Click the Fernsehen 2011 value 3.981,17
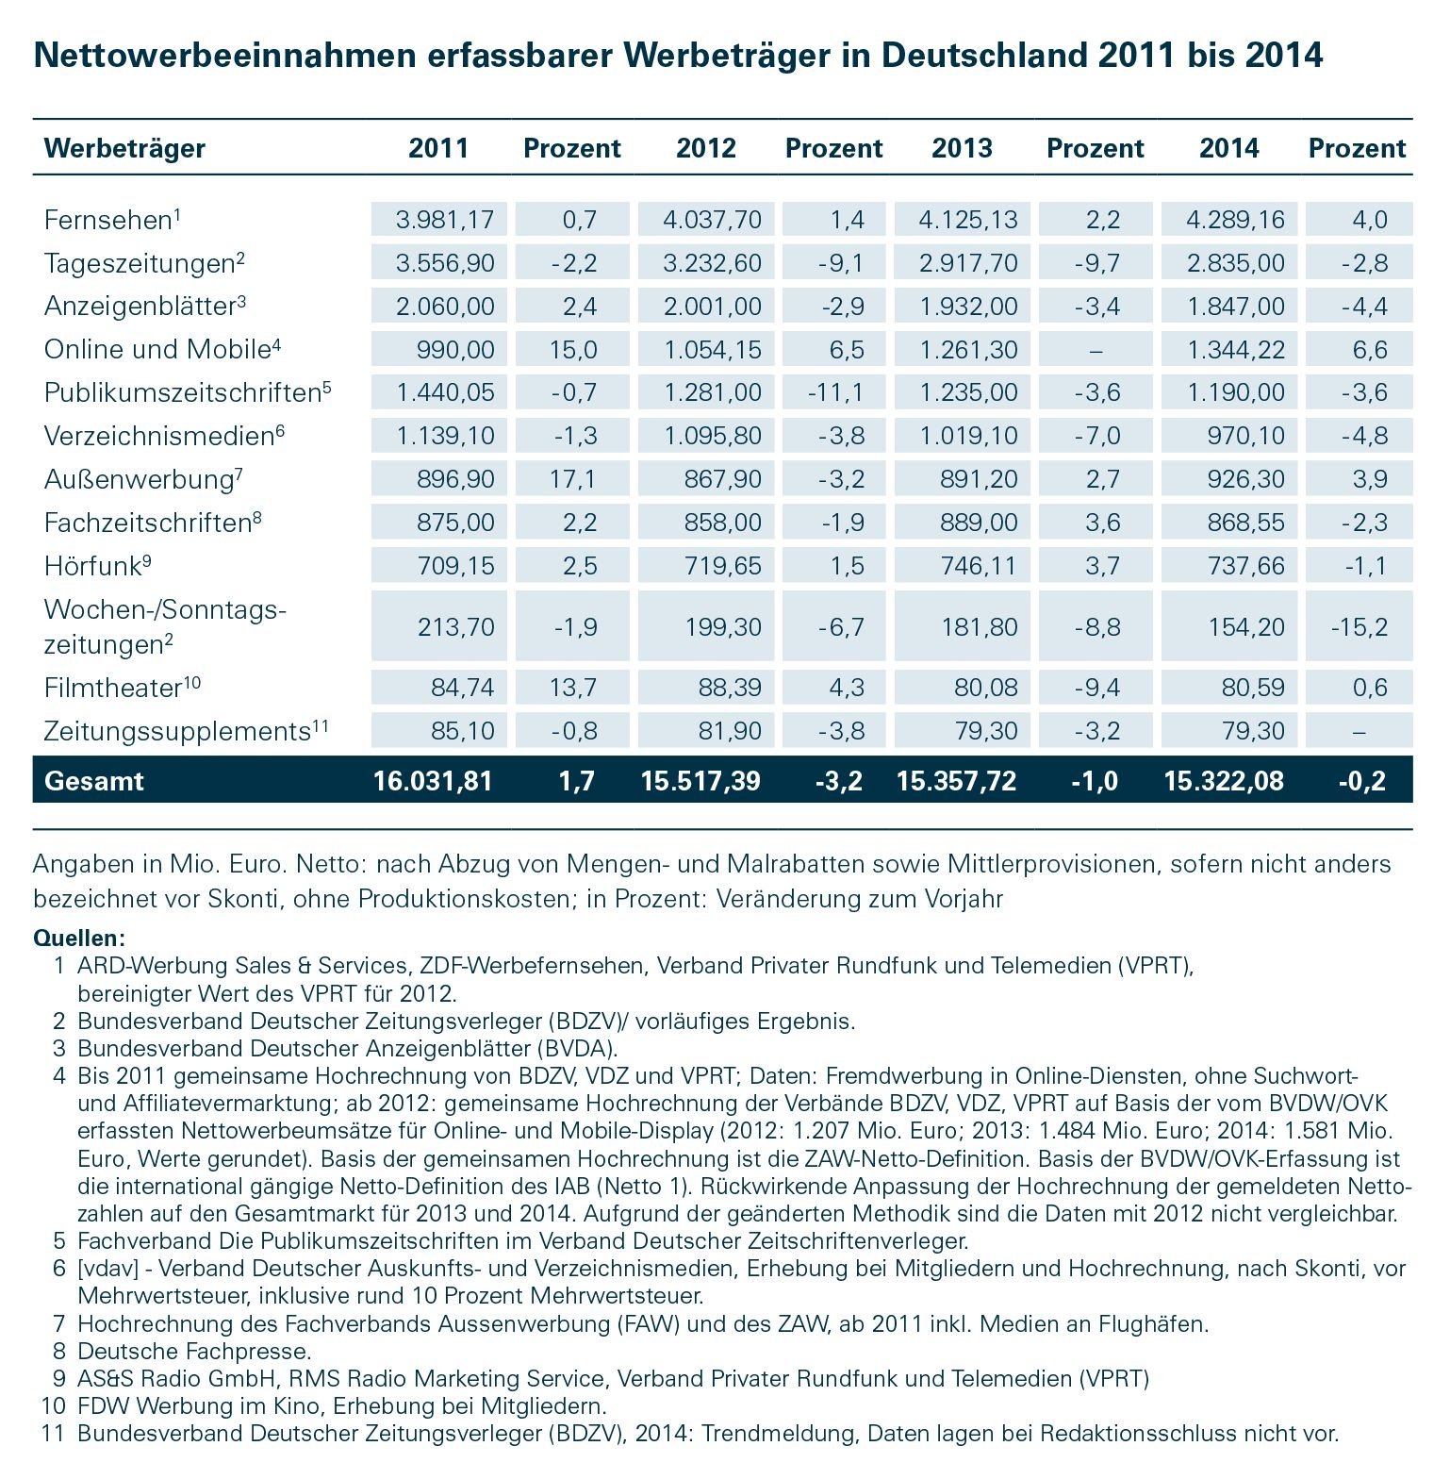point(444,220)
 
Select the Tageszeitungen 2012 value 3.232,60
point(712,262)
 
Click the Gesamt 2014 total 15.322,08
point(1223,780)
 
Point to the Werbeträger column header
point(124,148)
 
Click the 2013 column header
point(962,148)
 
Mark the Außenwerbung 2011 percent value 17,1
point(573,479)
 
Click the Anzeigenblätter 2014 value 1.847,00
point(1235,306)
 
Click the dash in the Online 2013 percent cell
point(1095,350)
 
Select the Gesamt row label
point(94,780)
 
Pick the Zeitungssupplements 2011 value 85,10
point(462,731)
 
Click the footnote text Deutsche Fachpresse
point(194,1352)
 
